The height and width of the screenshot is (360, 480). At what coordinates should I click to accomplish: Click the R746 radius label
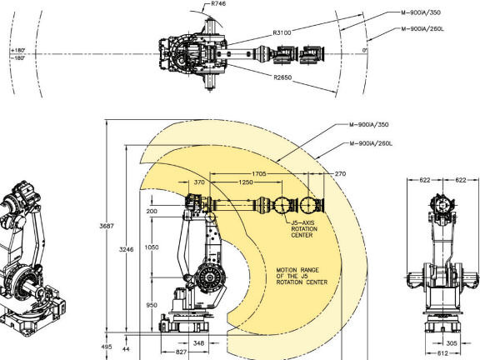click(x=218, y=3)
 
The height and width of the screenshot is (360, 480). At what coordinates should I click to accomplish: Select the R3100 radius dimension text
click(x=282, y=32)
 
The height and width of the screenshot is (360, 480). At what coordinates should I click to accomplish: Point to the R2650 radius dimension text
click(x=282, y=77)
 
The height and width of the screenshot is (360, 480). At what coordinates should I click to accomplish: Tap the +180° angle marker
click(x=18, y=50)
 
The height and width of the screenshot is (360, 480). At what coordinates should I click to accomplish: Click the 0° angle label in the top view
click(x=365, y=50)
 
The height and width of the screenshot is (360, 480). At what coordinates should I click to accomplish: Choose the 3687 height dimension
click(x=107, y=226)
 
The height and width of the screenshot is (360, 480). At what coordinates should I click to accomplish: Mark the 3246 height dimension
click(x=126, y=249)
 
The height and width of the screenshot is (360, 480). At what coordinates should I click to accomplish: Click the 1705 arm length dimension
click(x=259, y=174)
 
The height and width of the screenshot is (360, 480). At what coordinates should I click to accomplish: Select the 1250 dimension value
click(x=246, y=182)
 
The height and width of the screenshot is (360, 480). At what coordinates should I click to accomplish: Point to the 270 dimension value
click(x=340, y=174)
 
